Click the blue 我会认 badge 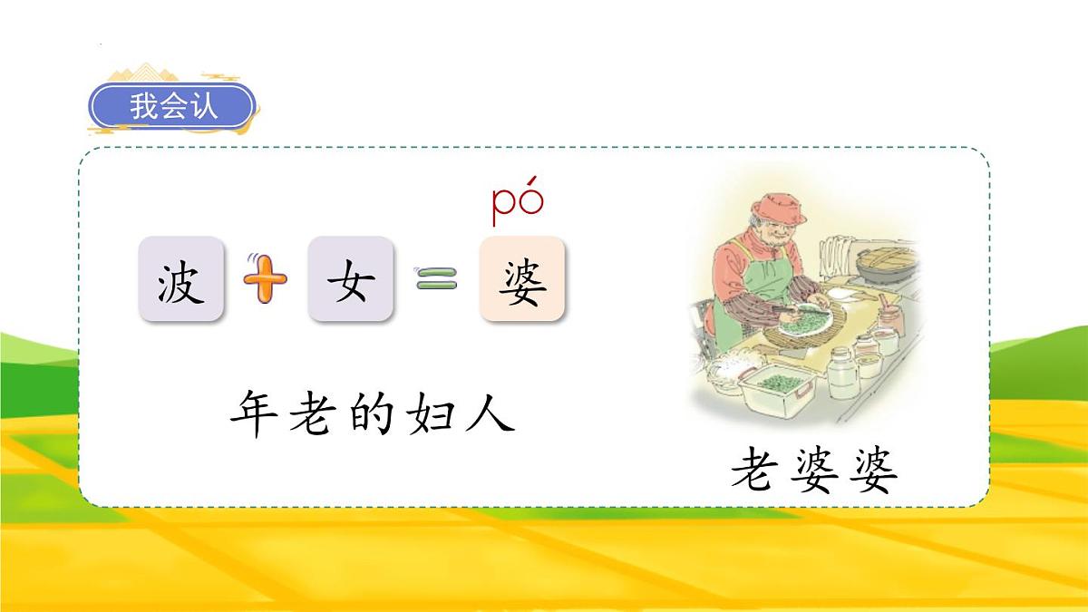173,107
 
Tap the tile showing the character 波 180,279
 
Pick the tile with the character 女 350,279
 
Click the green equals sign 434,280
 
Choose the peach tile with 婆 521,280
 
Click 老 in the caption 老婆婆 755,471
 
